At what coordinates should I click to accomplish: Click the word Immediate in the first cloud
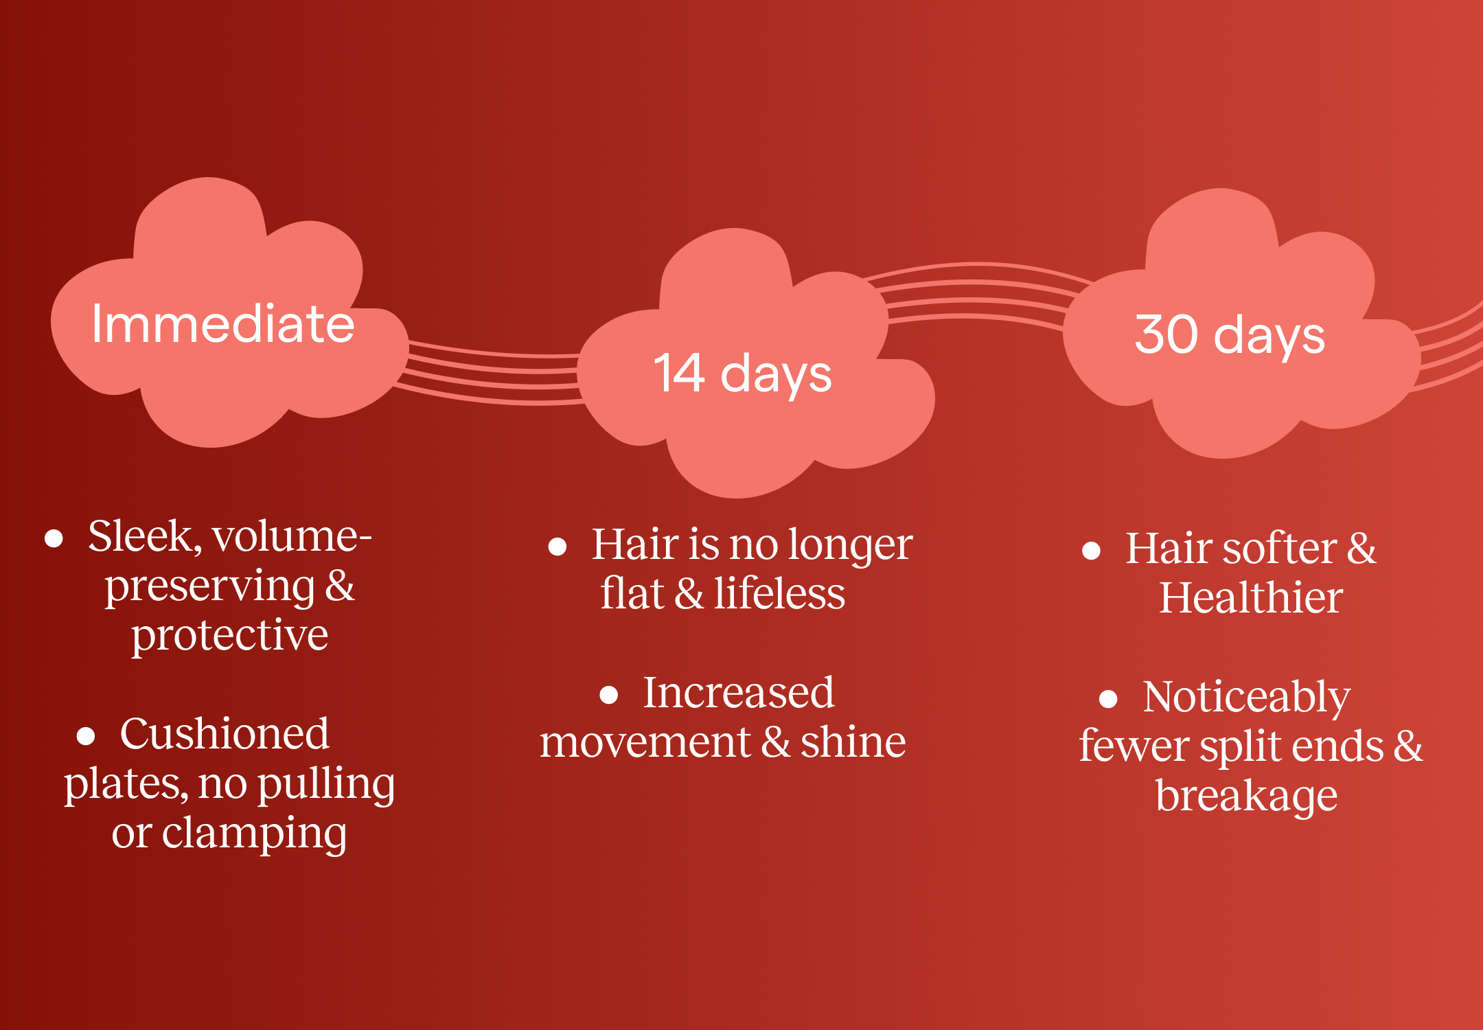pyautogui.click(x=223, y=323)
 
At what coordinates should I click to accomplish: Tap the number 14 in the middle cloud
pyautogui.click(x=679, y=373)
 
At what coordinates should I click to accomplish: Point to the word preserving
pyautogui.click(x=209, y=588)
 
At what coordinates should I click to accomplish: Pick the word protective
pyautogui.click(x=230, y=636)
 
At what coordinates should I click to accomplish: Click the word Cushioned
pyautogui.click(x=225, y=733)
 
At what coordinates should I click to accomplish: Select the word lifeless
pyautogui.click(x=779, y=593)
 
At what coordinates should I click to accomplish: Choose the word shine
pyautogui.click(x=853, y=742)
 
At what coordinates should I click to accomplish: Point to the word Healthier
pyautogui.click(x=1251, y=597)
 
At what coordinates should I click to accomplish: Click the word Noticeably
pyautogui.click(x=1247, y=698)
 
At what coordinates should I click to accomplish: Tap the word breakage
pyautogui.click(x=1247, y=797)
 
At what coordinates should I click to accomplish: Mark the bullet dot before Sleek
pyautogui.click(x=54, y=538)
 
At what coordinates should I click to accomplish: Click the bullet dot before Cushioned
pyautogui.click(x=86, y=736)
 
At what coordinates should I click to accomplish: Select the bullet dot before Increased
pyautogui.click(x=609, y=695)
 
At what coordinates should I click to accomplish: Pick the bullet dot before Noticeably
pyautogui.click(x=1109, y=699)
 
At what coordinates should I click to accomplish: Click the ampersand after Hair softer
pyautogui.click(x=1361, y=549)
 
